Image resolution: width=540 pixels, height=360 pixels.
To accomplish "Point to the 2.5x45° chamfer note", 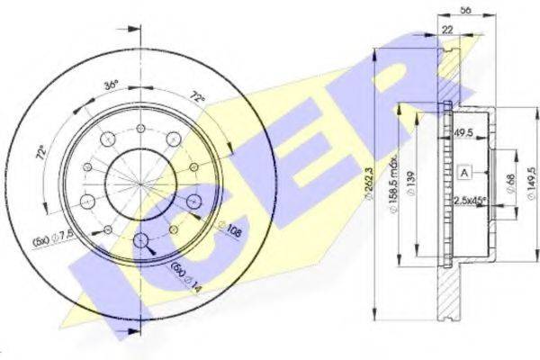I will click(x=471, y=202).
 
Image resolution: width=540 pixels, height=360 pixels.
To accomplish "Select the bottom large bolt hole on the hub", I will click(x=142, y=240).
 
